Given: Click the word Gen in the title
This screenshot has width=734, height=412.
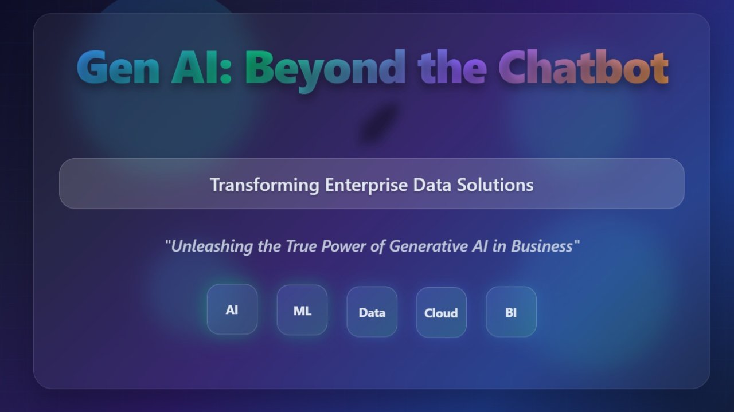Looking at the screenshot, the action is coord(118,67).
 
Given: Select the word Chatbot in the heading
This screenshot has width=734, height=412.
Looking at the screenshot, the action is coord(584,67).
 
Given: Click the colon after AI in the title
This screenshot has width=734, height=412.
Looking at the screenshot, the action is coord(226,72).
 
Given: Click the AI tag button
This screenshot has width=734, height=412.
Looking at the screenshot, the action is coord(232,309).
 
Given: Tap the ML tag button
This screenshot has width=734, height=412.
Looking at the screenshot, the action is coord(302,310).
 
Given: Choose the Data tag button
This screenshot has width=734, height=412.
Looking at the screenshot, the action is coord(372,312).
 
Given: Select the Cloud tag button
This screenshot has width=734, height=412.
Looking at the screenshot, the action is coord(441,312).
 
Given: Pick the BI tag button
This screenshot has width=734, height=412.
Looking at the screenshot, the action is coord(511,312).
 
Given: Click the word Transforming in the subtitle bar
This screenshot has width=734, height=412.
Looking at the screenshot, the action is coord(265,185).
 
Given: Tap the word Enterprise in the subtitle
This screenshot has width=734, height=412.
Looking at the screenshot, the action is coord(366,185).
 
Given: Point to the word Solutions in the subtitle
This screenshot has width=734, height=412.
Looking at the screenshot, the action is coord(495,185).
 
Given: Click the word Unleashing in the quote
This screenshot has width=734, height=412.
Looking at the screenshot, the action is coord(212,246).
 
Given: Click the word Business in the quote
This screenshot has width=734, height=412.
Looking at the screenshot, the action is coord(542,246).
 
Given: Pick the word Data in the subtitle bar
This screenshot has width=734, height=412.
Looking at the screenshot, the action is coord(432,185).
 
